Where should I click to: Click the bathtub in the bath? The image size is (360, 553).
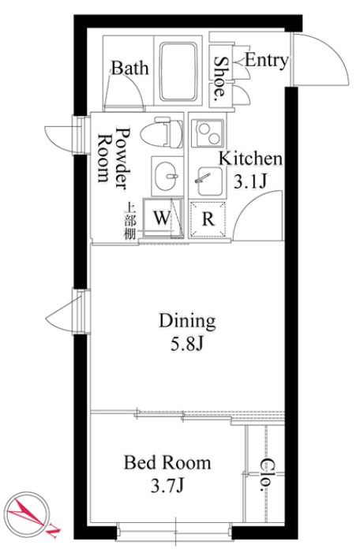coord(178,72)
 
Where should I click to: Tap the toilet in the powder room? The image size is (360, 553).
coord(162,134)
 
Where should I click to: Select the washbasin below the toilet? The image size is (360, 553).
coord(167,176)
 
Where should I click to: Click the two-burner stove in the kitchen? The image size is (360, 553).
coord(207,133)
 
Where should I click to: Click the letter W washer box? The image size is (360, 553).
coord(163,218)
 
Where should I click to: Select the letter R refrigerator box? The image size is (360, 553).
coord(208,219)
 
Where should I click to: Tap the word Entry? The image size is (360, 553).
coord(267,61)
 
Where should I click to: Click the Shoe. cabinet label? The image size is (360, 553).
coord(220,77)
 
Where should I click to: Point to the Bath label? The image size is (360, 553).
coord(130,68)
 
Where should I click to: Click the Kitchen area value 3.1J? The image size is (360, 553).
coord(250,181)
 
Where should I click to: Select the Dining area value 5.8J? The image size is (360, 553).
coord(186,344)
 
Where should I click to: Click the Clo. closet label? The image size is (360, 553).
coord(268,475)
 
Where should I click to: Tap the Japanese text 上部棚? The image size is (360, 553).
coord(129,225)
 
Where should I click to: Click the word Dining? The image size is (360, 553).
coord(187,321)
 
